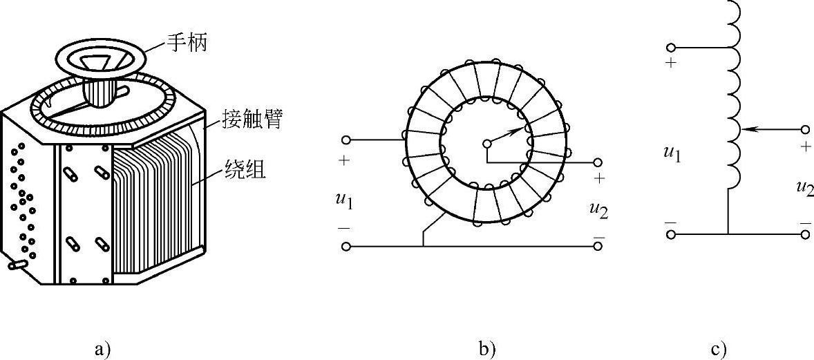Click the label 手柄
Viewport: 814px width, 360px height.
coord(187,44)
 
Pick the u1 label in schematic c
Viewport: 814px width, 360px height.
coord(672,152)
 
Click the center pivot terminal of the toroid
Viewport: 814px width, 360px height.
coord(486,144)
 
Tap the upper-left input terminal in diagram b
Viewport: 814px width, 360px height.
coord(346,140)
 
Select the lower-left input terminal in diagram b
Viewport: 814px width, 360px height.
coord(346,246)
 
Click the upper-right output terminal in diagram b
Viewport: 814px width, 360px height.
coord(598,162)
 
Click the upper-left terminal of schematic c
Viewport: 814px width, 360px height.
coord(670,47)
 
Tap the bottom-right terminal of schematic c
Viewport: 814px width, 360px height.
coord(805,234)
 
